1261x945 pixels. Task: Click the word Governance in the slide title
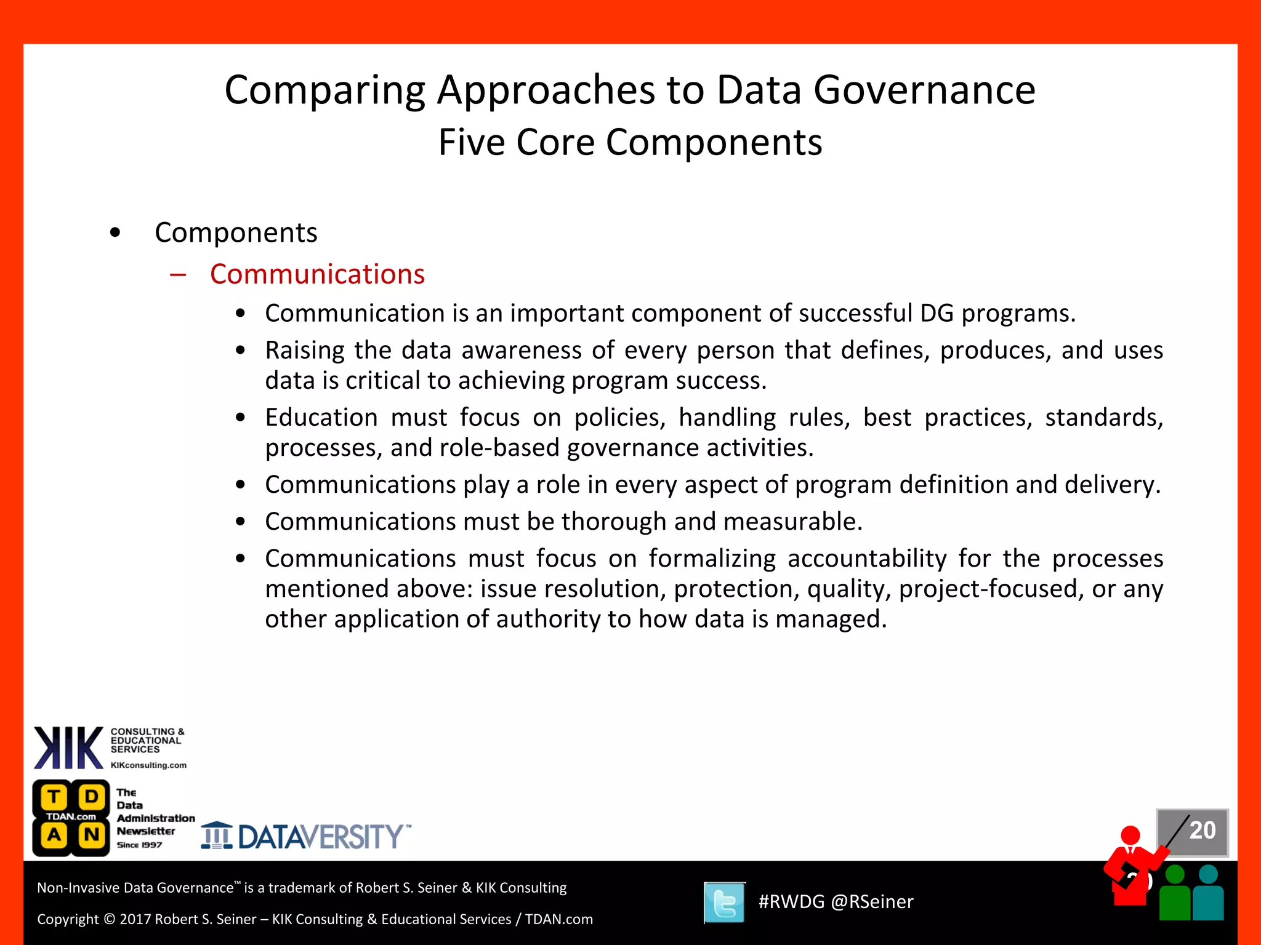pyautogui.click(x=924, y=90)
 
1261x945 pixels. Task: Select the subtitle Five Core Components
pyautogui.click(x=630, y=143)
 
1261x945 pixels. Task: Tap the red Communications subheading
pyautogui.click(x=317, y=274)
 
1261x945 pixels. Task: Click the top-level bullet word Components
pyautogui.click(x=236, y=233)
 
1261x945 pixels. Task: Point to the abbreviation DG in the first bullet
pyautogui.click(x=937, y=314)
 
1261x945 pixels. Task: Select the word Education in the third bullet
pyautogui.click(x=321, y=418)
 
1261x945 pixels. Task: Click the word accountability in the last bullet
pyautogui.click(x=867, y=559)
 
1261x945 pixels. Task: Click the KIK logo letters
pyautogui.click(x=68, y=748)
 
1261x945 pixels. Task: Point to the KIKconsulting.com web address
pyautogui.click(x=148, y=765)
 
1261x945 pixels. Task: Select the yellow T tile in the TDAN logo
pyautogui.click(x=54, y=797)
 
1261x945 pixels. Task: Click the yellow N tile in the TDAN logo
pyautogui.click(x=92, y=835)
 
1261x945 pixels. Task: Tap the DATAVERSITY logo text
pyautogui.click(x=320, y=837)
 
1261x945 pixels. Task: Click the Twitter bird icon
pyautogui.click(x=725, y=903)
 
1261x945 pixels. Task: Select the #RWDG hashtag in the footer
pyautogui.click(x=791, y=902)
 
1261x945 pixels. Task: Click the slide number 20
pyautogui.click(x=1202, y=831)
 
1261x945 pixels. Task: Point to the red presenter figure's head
pyautogui.click(x=1130, y=835)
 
